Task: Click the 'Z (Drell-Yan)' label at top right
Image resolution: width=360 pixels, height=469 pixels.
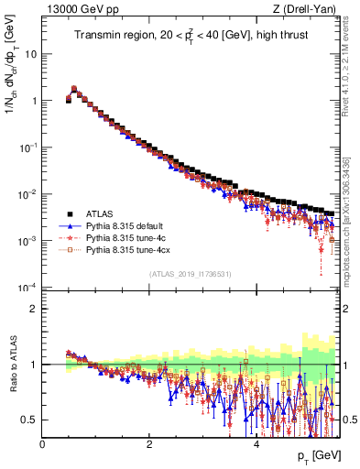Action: (x=309, y=9)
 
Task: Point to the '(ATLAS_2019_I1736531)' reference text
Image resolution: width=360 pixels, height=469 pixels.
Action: (x=190, y=273)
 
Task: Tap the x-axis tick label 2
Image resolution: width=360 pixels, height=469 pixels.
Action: (x=149, y=444)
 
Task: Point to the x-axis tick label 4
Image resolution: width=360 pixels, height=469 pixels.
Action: (x=256, y=444)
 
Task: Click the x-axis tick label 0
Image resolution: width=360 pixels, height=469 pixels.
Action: (x=43, y=444)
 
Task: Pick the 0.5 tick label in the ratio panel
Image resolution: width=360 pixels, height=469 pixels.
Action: (x=30, y=420)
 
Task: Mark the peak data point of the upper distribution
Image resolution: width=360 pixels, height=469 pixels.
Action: (x=74, y=89)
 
